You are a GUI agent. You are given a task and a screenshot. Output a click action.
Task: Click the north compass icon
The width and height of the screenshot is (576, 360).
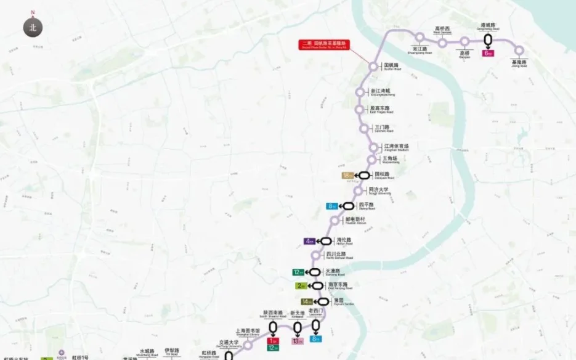click(x=33, y=27)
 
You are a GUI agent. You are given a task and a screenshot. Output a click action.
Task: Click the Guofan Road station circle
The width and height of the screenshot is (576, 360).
click(x=373, y=67)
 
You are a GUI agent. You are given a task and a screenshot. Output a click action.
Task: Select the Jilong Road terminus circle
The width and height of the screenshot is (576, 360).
click(x=519, y=51)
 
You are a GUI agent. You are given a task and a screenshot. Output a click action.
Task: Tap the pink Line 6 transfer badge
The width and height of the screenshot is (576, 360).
click(x=488, y=54)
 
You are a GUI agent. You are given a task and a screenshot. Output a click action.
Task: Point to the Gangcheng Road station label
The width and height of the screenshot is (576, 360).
click(x=489, y=27)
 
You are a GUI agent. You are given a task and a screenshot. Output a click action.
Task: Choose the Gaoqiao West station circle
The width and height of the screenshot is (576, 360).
click(x=442, y=43)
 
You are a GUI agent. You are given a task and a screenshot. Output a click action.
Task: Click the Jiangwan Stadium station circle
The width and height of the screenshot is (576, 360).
click(x=373, y=147)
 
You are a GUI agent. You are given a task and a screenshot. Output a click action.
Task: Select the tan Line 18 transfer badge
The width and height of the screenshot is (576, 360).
click(x=347, y=175)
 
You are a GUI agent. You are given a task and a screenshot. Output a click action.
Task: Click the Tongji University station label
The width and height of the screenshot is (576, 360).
click(x=379, y=191)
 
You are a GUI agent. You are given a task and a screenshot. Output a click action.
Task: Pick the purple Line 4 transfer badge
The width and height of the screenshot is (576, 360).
click(x=309, y=241)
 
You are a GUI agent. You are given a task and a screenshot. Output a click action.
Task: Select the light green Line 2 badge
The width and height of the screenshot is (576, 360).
click(x=301, y=286)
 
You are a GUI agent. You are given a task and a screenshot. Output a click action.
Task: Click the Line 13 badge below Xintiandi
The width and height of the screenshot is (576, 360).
click(x=298, y=341)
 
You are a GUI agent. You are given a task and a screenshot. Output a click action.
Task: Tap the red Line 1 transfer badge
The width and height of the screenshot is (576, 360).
click(x=273, y=340)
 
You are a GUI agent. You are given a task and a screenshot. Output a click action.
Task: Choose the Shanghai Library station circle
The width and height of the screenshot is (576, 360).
click(x=248, y=345)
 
